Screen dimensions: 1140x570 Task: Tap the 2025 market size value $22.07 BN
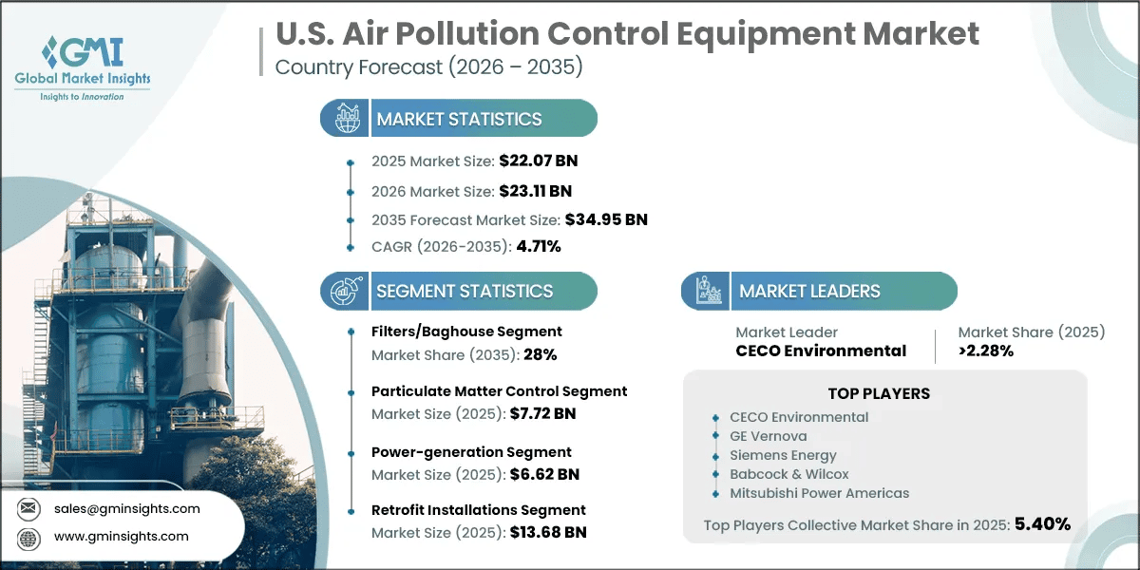[x=539, y=161]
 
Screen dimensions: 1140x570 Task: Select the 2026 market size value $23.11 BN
[x=536, y=191]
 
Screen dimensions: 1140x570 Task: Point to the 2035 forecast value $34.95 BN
[x=606, y=219]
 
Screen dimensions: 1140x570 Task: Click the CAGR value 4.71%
[x=539, y=246]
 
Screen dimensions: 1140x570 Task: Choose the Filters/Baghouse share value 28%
[x=540, y=354]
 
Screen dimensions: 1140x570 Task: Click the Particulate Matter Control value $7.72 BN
[x=542, y=413]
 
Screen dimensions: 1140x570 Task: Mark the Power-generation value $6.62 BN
[x=544, y=474]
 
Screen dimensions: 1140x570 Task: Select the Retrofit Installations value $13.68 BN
[x=548, y=532]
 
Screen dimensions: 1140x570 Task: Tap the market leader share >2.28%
[x=986, y=351]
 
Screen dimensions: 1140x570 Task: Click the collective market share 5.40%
[x=1042, y=523]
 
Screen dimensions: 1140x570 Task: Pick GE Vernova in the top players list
[x=768, y=436]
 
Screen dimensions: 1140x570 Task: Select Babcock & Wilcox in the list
[x=788, y=474]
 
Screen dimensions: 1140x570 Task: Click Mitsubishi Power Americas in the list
[x=819, y=493]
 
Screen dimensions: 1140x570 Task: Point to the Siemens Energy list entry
[x=783, y=455]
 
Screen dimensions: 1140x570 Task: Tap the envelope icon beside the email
[x=28, y=508]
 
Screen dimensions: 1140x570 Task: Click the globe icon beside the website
[x=28, y=539]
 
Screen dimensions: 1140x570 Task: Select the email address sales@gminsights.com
[x=126, y=508]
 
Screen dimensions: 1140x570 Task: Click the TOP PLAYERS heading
[x=879, y=393]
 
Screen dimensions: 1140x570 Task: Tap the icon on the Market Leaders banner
[x=708, y=291]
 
